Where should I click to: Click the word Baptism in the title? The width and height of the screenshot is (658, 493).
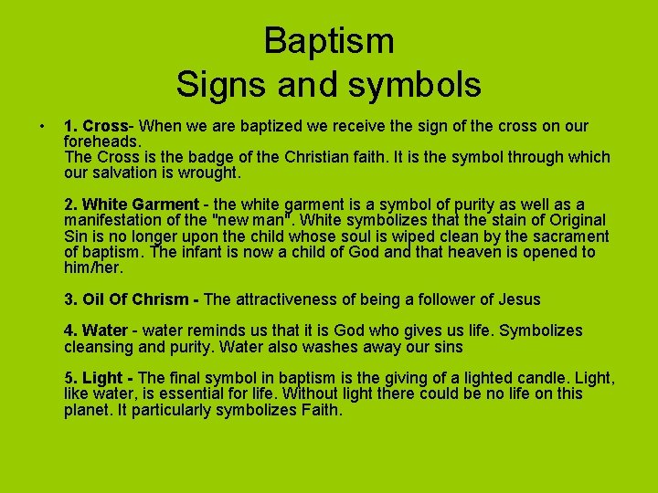coord(329,40)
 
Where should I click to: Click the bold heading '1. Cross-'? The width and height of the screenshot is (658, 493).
coord(100,126)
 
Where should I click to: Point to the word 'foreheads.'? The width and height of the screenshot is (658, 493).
coord(102,142)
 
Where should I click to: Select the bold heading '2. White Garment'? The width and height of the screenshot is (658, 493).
coord(131,205)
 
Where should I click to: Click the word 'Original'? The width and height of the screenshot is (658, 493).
coord(572,220)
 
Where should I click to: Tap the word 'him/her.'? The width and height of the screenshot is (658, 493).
coord(93,267)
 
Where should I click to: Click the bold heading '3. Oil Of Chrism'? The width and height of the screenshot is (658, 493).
coord(132,299)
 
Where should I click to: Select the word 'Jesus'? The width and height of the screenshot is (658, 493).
coord(516,299)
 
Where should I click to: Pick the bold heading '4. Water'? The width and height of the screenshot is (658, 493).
coord(95,330)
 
